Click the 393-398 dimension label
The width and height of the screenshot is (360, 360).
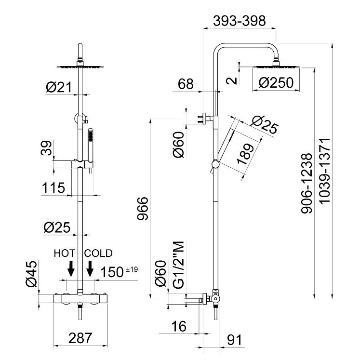pos(240,21)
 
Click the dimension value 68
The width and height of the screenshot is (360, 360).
pos(186,84)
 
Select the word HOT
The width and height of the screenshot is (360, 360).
pos(65,253)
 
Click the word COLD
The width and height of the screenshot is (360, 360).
pos(98,253)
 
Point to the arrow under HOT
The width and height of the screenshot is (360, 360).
pos(71,268)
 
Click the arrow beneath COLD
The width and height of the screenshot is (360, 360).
pos(90,268)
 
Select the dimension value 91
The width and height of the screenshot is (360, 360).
pos(234,340)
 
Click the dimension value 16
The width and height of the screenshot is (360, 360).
pos(178,326)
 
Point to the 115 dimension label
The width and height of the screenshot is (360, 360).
pos(53,187)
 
